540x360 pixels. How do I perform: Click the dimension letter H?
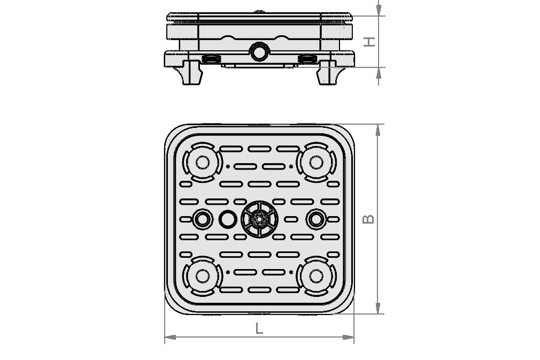click(x=369, y=41)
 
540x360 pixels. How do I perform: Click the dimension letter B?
click(x=368, y=219)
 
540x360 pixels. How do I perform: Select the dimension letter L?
click(x=259, y=328)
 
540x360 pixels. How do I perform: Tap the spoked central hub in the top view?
click(x=259, y=219)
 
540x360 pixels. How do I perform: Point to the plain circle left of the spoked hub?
click(x=228, y=219)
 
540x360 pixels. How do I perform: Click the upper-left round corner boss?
click(x=202, y=162)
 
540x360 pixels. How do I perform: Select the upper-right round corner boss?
click(x=316, y=162)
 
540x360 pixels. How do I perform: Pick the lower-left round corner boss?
click(x=202, y=276)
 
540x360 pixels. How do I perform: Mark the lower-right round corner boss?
click(x=316, y=276)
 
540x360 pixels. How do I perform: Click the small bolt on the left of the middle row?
click(x=202, y=219)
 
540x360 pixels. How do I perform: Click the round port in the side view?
click(x=259, y=52)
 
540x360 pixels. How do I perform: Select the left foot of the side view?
click(x=192, y=73)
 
